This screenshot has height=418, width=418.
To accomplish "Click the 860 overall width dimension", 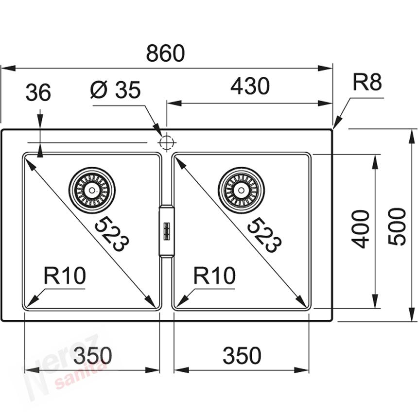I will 165,53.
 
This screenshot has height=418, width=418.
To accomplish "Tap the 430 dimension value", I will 250,87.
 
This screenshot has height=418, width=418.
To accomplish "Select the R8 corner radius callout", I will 367,83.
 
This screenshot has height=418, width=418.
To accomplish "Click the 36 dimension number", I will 38,93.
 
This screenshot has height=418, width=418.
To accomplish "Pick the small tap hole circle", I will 166,142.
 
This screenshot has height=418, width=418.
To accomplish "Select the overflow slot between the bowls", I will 166,230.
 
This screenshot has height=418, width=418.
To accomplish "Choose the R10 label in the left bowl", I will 65,276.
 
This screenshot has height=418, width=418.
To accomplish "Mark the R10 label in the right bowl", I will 214,276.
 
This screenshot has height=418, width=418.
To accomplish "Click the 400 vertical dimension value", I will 361,229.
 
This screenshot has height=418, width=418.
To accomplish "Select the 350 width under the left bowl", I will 92,356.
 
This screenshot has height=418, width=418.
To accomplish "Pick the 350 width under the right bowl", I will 242,356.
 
